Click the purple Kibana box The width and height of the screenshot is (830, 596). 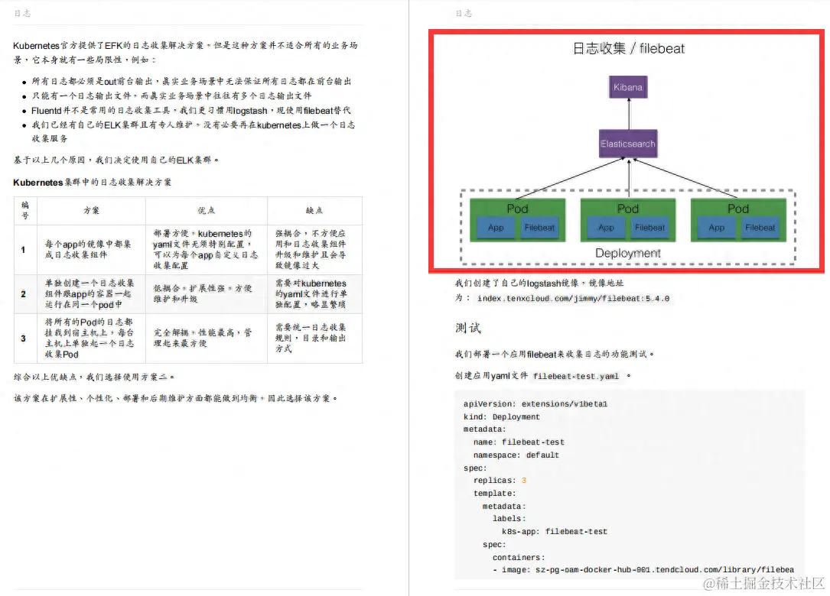click(628, 87)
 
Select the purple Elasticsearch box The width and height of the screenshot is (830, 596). click(627, 144)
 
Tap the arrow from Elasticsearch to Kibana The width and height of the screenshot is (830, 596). click(628, 114)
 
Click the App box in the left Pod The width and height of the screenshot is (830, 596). click(496, 228)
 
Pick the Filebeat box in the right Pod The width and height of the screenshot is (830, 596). click(760, 228)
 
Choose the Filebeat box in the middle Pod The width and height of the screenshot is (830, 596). click(650, 228)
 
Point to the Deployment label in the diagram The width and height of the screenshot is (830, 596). click(627, 253)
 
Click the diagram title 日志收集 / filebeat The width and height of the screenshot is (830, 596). click(629, 49)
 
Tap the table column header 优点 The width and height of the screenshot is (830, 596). click(207, 210)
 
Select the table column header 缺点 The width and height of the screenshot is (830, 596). click(314, 210)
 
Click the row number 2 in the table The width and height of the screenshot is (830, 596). click(24, 294)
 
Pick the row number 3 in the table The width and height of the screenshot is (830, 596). click(24, 338)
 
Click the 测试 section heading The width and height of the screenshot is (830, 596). click(467, 328)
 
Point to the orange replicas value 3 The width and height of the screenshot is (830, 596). click(524, 481)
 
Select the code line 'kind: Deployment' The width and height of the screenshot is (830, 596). click(502, 417)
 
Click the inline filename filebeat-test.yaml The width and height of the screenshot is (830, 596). click(576, 377)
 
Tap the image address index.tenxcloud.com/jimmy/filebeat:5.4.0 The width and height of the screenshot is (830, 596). click(573, 299)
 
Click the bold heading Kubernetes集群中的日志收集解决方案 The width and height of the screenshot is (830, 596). click(93, 183)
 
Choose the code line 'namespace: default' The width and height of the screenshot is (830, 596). click(516, 455)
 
